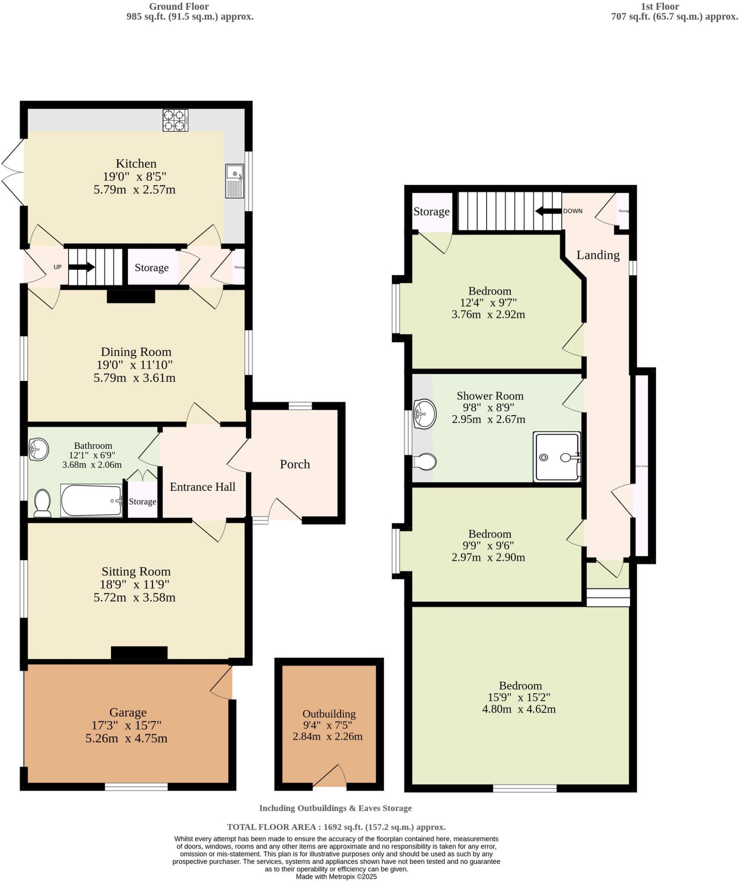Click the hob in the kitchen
(175, 120)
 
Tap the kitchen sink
(235, 181)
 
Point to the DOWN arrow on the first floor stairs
(549, 211)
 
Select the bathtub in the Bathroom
(91, 501)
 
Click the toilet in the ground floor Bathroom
(42, 503)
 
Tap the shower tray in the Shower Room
(556, 457)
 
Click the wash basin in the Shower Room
(425, 414)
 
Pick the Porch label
(295, 464)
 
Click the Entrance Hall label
(202, 487)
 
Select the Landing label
(598, 255)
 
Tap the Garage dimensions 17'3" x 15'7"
(126, 725)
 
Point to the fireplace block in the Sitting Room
(139, 653)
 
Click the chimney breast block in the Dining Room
(130, 297)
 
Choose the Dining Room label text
(136, 352)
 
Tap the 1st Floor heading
(660, 6)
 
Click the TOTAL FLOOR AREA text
(336, 827)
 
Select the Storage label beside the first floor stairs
(431, 212)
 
